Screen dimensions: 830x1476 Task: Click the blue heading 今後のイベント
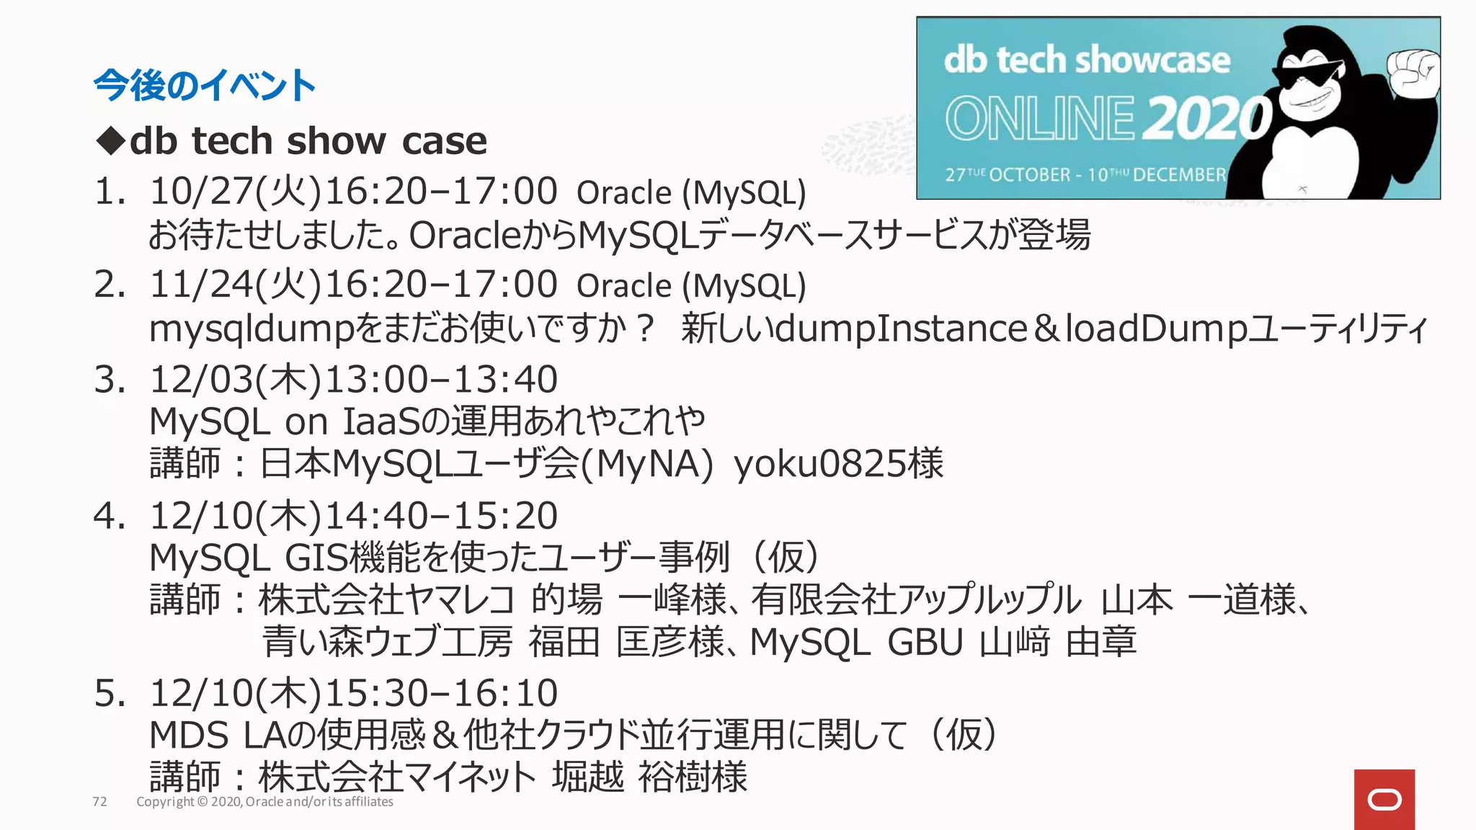click(204, 86)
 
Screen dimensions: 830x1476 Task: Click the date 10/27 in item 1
click(197, 192)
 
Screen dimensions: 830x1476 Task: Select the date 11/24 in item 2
click(197, 285)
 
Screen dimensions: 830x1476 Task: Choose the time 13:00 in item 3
click(370, 379)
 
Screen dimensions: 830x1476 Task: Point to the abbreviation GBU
click(925, 642)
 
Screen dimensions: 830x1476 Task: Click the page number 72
click(99, 802)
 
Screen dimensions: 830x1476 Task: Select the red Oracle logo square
click(1384, 800)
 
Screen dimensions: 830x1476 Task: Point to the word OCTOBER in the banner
click(1030, 175)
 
